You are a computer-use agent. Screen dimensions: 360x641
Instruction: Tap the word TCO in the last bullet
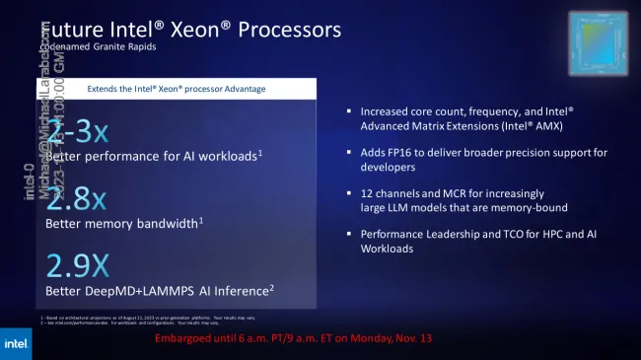tap(505, 234)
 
